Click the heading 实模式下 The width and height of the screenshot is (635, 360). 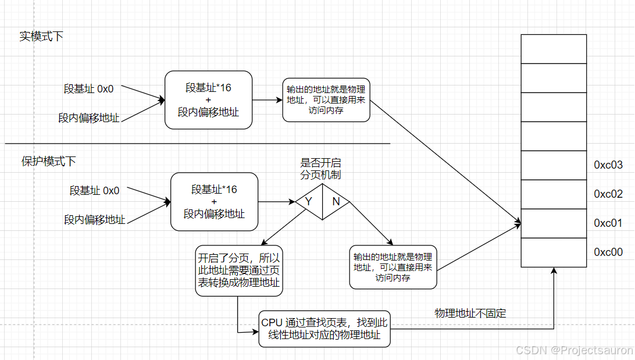[x=41, y=36]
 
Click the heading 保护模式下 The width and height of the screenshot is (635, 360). [x=49, y=161]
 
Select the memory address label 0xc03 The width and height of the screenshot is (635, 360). [x=608, y=165]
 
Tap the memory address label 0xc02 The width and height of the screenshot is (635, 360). [x=608, y=194]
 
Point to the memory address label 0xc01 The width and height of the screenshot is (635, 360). [x=608, y=223]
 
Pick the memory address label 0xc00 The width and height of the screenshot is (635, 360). [x=608, y=252]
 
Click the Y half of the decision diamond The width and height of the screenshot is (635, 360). [x=309, y=202]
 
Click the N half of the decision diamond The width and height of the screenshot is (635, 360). [x=336, y=202]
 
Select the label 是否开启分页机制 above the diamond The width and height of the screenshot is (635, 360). [x=320, y=169]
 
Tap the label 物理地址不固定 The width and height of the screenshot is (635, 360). [x=470, y=313]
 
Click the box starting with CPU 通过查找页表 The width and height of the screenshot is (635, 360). [x=324, y=329]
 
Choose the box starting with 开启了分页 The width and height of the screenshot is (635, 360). [x=238, y=270]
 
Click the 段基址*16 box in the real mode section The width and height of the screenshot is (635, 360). [x=208, y=100]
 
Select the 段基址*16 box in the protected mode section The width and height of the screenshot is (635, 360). [x=214, y=201]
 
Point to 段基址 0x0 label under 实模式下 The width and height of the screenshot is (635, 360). [x=88, y=89]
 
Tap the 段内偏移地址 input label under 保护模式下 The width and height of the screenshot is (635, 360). [x=94, y=220]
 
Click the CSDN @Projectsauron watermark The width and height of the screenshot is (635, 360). [x=566, y=350]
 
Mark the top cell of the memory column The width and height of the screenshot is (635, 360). [x=553, y=49]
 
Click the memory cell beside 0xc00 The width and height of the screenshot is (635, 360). [x=553, y=252]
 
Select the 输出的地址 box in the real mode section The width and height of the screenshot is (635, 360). [x=326, y=100]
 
